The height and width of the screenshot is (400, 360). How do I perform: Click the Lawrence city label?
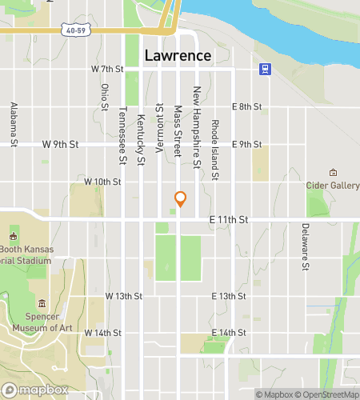pyautogui.click(x=178, y=56)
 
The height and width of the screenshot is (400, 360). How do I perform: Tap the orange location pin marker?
pyautogui.click(x=181, y=199)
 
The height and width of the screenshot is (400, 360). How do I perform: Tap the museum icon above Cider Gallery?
pyautogui.click(x=334, y=173)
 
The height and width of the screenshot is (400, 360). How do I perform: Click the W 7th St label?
pyautogui.click(x=108, y=70)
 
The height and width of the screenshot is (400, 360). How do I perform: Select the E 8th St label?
pyautogui.click(x=246, y=106)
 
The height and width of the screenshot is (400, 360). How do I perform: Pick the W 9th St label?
pyautogui.click(x=60, y=145)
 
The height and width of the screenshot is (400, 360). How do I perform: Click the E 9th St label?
pyautogui.click(x=246, y=145)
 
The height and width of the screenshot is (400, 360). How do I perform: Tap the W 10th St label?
pyautogui.click(x=102, y=182)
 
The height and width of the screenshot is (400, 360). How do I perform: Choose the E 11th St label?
pyautogui.click(x=229, y=219)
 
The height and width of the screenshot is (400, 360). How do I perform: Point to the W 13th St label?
pyautogui.click(x=124, y=296)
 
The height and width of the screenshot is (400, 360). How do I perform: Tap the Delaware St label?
pyautogui.click(x=305, y=247)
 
